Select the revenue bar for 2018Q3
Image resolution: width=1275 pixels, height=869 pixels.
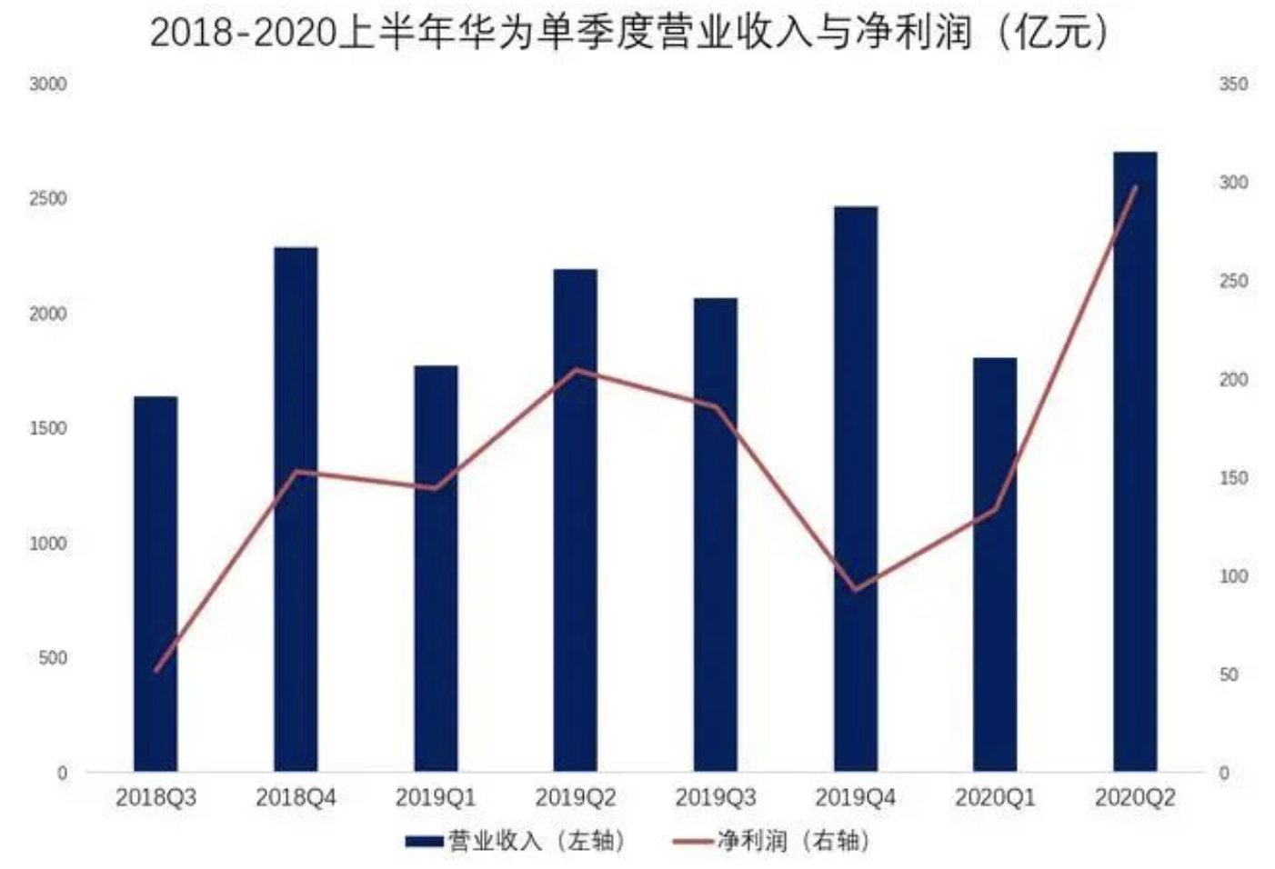coord(156,584)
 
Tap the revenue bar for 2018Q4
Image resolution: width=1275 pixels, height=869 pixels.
coord(296,509)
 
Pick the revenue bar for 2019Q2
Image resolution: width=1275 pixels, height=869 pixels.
coord(575,520)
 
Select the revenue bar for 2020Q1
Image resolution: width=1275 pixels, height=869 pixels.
coord(995,564)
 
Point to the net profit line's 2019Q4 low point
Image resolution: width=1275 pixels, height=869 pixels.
coord(855,589)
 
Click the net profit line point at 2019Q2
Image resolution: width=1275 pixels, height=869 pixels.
coord(575,370)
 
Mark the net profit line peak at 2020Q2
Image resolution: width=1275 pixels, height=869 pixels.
coord(1135,187)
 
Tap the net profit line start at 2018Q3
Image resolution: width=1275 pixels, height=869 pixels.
coord(156,670)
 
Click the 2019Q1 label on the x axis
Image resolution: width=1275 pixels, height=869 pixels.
coord(436,798)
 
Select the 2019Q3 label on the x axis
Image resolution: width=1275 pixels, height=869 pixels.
coord(715,798)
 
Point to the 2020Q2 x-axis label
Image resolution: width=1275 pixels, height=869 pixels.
coord(1135,798)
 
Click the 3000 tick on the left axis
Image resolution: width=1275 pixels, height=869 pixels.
coord(48,84)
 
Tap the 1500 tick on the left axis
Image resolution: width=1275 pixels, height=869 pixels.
coord(48,428)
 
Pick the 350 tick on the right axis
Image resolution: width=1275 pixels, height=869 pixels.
coord(1233,84)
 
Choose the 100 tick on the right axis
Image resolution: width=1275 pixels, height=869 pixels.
coord(1233,576)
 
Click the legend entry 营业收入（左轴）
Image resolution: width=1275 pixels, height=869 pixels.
coord(516,841)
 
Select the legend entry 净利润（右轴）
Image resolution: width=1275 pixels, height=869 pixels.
coord(771,841)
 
